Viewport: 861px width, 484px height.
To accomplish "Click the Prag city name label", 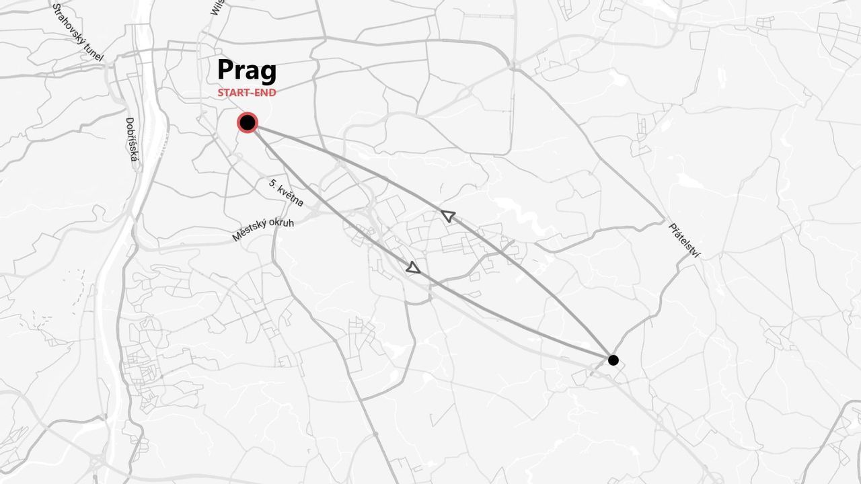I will click(x=246, y=71).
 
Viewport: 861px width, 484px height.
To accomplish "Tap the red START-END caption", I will click(x=246, y=93).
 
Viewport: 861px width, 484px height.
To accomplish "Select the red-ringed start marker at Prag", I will click(x=248, y=122).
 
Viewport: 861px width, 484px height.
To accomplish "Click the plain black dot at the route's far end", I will click(x=613, y=360).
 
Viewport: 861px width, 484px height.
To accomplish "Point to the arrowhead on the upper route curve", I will click(x=448, y=216).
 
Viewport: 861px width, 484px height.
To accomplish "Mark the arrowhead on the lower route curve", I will click(x=413, y=268).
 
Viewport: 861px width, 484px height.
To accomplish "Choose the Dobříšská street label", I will click(x=132, y=140).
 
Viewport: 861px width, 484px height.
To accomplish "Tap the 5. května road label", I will click(x=286, y=193).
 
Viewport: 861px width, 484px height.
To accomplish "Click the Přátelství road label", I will click(x=684, y=240).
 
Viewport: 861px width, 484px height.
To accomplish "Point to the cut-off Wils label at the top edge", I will click(x=217, y=7).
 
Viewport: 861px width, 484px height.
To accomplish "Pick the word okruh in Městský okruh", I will click(x=281, y=223).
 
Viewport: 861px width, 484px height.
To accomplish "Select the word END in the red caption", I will click(x=264, y=93).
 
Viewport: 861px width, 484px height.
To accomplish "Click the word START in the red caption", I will click(x=232, y=93).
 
